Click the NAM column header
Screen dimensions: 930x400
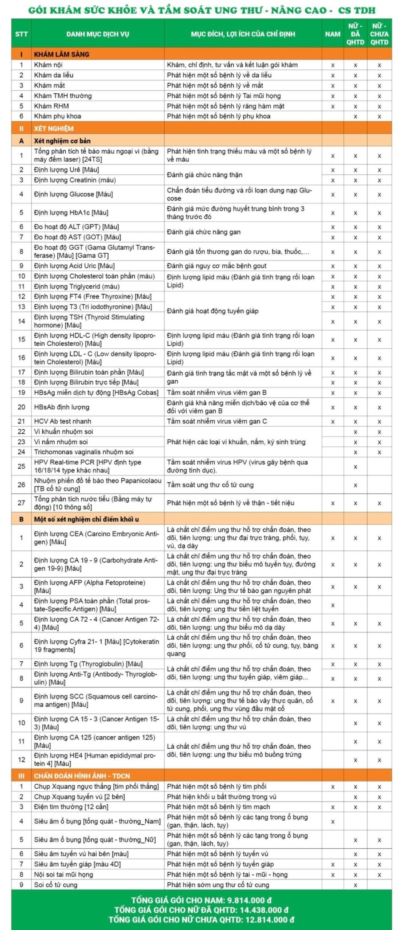(332, 34)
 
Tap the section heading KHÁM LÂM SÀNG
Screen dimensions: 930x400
(61, 54)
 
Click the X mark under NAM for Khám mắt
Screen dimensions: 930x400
(332, 86)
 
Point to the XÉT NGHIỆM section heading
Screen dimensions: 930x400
(54, 128)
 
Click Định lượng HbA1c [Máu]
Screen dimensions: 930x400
(71, 212)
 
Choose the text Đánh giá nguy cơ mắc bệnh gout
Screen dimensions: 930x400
(216, 266)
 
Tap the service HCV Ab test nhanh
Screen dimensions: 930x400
(63, 421)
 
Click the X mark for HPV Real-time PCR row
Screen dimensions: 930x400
(355, 467)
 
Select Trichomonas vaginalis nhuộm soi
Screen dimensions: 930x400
(84, 452)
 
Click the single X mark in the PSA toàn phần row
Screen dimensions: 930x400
(332, 605)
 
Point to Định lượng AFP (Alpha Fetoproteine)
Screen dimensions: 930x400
(89, 583)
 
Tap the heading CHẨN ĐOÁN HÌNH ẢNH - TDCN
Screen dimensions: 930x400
(82, 776)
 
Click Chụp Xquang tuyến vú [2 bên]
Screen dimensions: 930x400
(79, 797)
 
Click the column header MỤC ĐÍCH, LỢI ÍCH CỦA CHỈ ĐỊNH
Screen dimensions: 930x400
(243, 34)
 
